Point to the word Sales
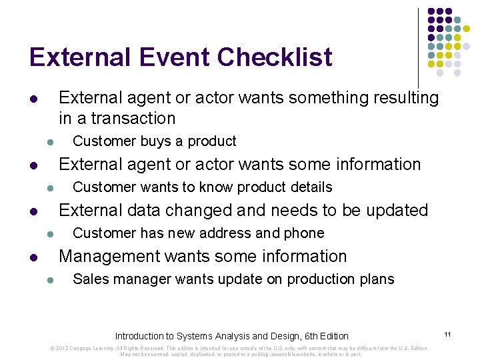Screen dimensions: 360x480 tap(89, 279)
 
